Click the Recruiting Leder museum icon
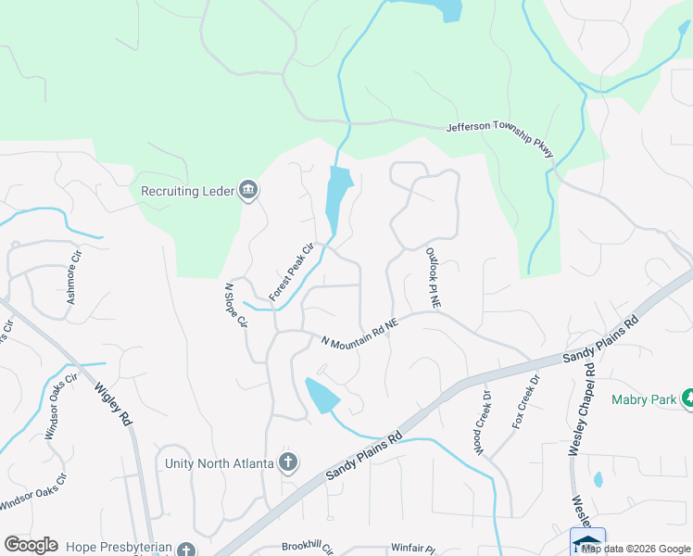coord(248,191)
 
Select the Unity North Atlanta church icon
coord(288,462)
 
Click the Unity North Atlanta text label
coord(219,463)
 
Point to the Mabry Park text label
coord(644,400)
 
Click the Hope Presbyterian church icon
coord(186,550)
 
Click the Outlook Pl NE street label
coord(434,277)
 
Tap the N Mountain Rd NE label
coord(359,331)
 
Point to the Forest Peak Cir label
coord(293,272)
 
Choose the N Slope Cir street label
coord(236,306)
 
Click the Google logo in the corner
coord(31,545)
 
